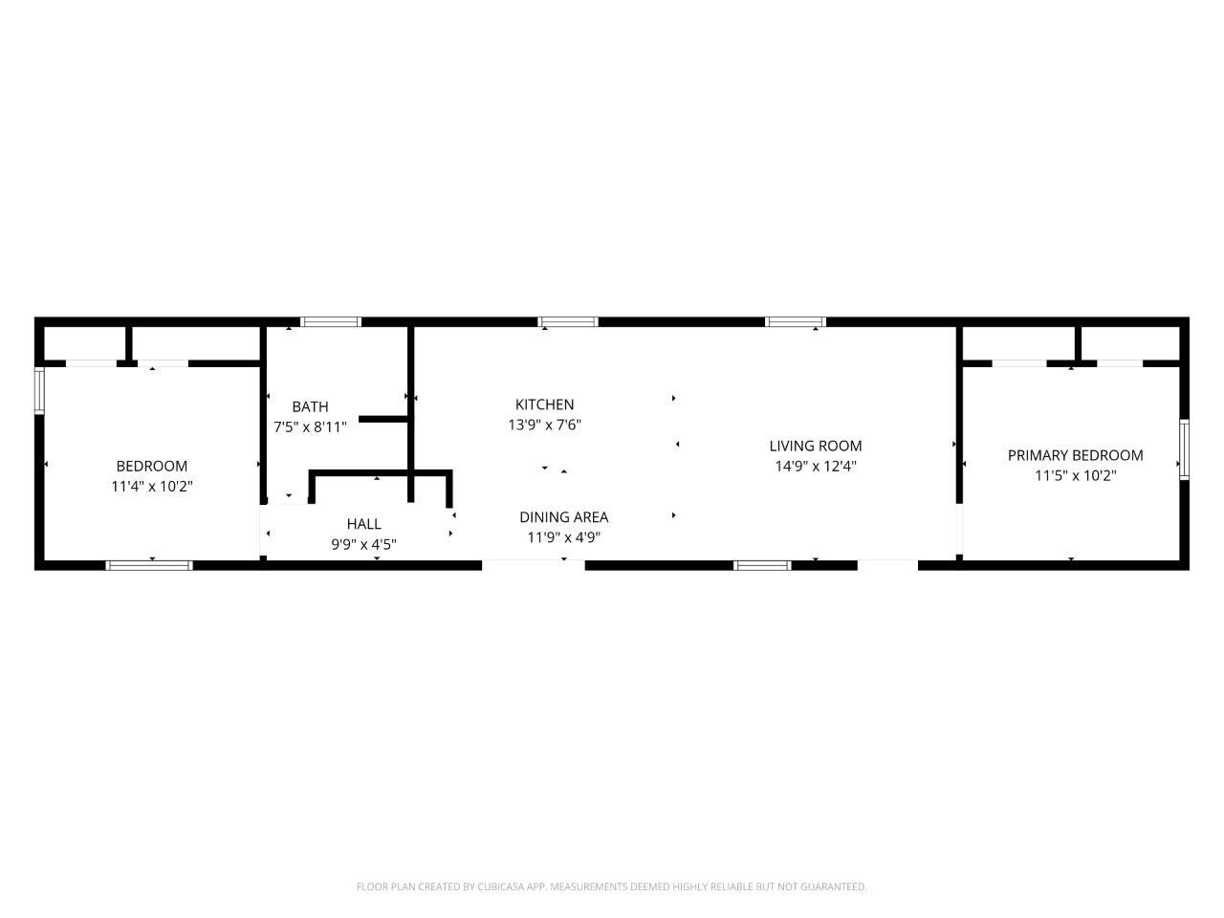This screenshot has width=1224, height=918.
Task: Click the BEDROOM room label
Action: [152, 466]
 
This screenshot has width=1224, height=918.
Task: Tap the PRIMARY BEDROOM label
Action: [1075, 455]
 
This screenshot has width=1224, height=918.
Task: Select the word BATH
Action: [310, 407]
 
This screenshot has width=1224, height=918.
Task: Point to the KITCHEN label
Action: [544, 404]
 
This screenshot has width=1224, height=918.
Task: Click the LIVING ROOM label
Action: [816, 446]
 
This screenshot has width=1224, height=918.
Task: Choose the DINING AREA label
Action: [564, 517]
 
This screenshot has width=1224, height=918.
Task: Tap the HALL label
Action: [364, 524]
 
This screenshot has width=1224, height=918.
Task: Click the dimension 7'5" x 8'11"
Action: [310, 427]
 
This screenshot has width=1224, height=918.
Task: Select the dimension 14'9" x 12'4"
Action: [816, 467]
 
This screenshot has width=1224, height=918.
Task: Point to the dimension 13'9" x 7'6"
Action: [544, 426]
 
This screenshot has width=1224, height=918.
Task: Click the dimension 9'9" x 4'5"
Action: [364, 544]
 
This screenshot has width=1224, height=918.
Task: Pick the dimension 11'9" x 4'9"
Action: [564, 537]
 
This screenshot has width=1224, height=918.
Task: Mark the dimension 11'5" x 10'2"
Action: [1075, 476]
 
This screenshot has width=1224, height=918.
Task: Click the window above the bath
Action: [331, 321]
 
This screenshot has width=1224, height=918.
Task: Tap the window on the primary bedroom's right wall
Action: [1184, 449]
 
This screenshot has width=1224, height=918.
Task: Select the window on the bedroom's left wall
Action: [39, 391]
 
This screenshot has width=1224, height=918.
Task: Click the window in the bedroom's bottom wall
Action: [149, 566]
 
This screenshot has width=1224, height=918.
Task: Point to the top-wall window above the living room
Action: [796, 321]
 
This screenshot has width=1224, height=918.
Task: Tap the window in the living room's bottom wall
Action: [762, 566]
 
